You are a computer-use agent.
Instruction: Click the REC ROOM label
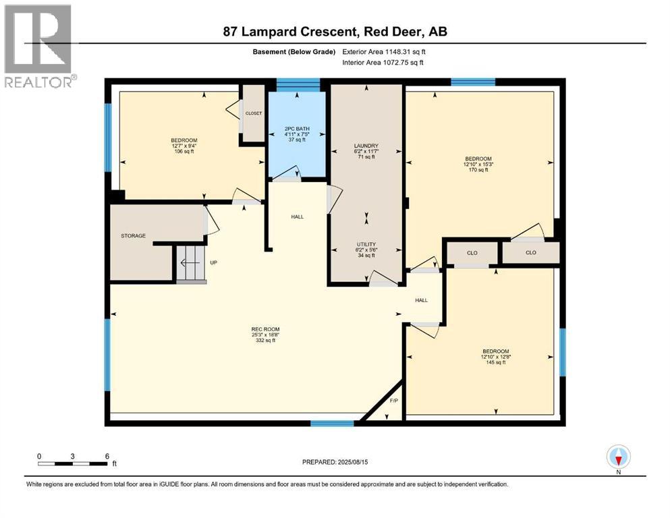(x=265, y=329)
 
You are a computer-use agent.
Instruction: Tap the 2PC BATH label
(x=297, y=129)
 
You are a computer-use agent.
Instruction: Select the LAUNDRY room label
(x=366, y=146)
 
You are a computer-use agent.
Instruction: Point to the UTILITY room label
(x=366, y=244)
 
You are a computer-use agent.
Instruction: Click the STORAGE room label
(x=134, y=235)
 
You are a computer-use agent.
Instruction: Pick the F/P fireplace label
(x=393, y=401)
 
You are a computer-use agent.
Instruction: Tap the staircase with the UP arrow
(x=191, y=262)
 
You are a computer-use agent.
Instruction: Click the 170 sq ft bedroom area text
(x=478, y=170)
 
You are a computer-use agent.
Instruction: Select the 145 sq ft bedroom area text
(x=496, y=363)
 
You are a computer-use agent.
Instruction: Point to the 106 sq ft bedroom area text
(x=184, y=151)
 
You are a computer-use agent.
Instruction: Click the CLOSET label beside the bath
(x=254, y=113)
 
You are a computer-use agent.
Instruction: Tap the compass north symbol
(x=618, y=457)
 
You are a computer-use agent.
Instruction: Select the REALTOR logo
(x=38, y=46)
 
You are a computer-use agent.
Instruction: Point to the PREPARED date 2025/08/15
(x=335, y=462)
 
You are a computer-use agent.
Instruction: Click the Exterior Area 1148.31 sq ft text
(x=384, y=52)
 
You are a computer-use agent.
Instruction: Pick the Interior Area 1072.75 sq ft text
(x=383, y=62)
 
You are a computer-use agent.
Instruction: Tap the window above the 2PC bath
(x=298, y=85)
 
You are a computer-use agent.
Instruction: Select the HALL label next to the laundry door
(x=298, y=217)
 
